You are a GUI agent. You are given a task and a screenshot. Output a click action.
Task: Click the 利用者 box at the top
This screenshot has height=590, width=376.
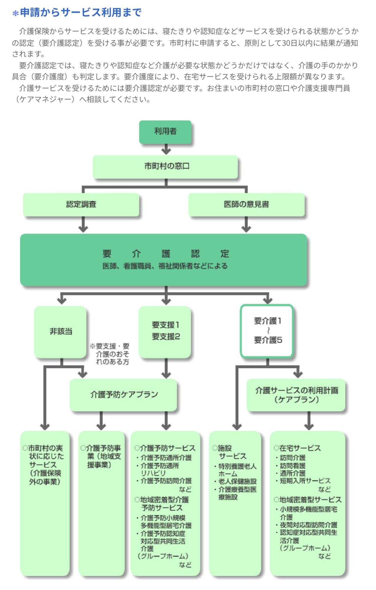(165, 132)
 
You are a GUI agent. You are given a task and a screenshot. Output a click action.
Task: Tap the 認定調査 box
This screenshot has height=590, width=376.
(81, 204)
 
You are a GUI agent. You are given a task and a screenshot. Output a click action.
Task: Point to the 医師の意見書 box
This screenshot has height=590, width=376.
(246, 204)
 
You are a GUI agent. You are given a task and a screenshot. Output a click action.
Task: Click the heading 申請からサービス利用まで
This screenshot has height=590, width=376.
(81, 13)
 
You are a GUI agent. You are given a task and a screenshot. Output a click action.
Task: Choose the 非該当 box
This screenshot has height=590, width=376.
(61, 332)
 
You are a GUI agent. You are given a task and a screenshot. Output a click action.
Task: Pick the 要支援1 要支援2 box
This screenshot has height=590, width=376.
(165, 331)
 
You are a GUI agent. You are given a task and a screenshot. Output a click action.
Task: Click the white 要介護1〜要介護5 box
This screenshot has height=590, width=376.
(267, 330)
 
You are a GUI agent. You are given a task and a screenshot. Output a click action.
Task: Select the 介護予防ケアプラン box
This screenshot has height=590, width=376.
(124, 395)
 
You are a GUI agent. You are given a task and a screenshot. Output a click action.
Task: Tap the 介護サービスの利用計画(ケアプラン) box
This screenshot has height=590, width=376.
(296, 395)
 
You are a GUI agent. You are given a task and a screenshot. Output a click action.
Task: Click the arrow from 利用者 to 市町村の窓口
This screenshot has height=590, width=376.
(166, 149)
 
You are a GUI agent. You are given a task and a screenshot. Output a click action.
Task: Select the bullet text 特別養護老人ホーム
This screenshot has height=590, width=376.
(237, 470)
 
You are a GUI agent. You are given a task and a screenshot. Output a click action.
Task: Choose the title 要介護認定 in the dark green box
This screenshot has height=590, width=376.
(166, 253)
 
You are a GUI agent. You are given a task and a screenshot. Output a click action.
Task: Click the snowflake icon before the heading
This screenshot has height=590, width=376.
(15, 13)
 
